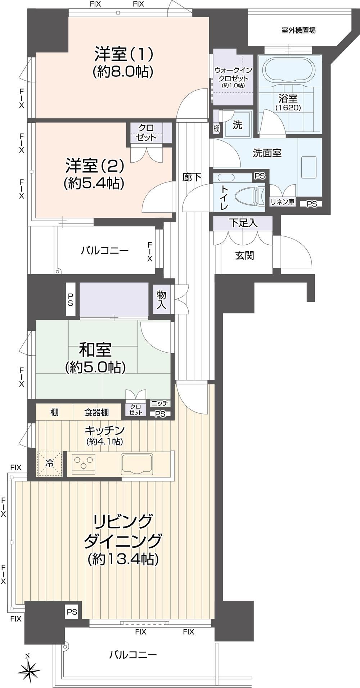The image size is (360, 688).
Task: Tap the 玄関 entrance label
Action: [245, 255]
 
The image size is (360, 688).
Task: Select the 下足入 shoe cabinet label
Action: [243, 223]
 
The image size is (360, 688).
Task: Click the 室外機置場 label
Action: [298, 30]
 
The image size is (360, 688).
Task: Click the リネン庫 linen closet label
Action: [283, 202]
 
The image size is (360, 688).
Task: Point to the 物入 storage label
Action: [161, 300]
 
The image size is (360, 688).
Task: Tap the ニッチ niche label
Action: [160, 403]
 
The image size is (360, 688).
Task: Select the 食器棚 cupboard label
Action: [96, 412]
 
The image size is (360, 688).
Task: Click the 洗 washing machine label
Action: [237, 125]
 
